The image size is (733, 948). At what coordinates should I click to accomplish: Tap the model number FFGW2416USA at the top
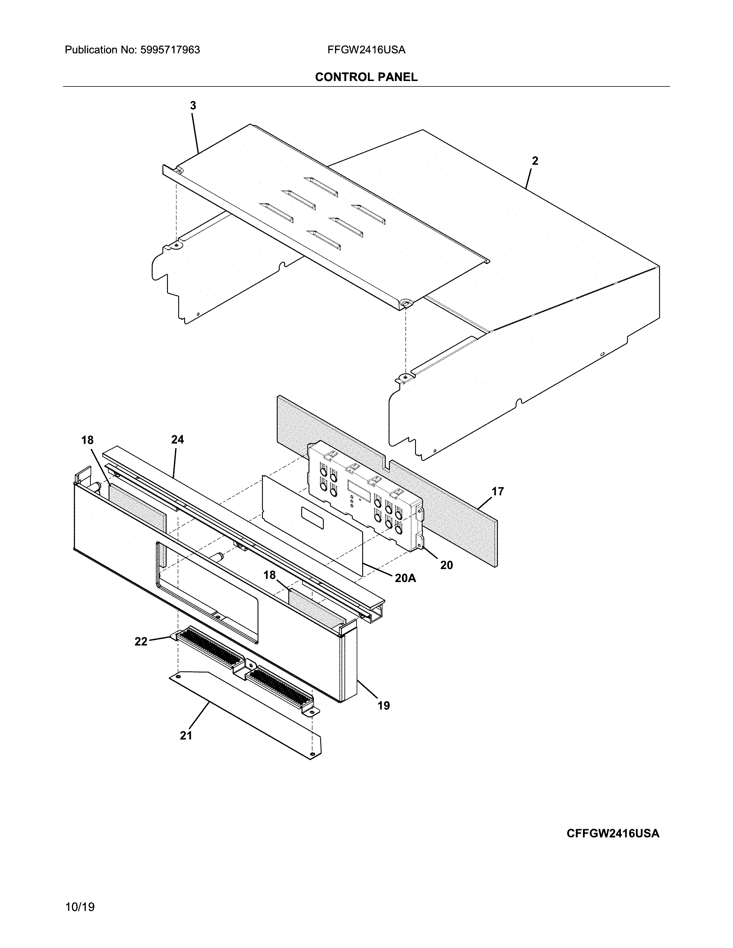[x=366, y=50]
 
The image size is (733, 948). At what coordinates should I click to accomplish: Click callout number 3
[x=193, y=105]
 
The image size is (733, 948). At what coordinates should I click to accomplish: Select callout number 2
[x=535, y=161]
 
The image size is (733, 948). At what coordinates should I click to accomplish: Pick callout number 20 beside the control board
[x=446, y=565]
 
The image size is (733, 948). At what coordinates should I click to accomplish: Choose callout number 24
[x=177, y=440]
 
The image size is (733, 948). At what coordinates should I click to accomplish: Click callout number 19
[x=383, y=706]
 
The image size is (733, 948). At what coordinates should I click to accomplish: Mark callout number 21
[x=186, y=735]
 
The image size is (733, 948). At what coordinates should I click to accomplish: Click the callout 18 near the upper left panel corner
[x=87, y=440]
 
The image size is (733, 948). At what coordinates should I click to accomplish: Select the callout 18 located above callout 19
[x=269, y=575]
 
